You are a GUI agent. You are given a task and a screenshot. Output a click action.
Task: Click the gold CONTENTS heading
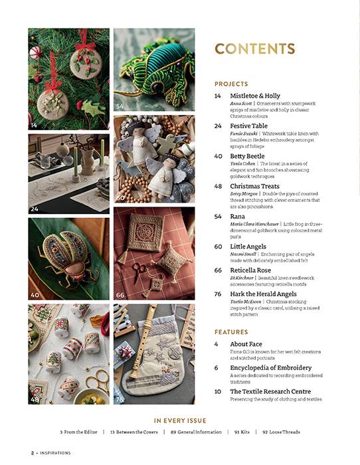pos(255,48)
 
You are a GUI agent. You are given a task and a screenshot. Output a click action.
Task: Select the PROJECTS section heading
pos(231,84)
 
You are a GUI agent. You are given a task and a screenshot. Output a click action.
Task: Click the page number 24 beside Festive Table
pos(218,126)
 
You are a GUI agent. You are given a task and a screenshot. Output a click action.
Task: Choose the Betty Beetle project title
pos(247,156)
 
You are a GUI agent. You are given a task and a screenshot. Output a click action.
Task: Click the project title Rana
pos(237,216)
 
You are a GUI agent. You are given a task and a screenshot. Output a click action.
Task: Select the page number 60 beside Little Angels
pos(218,246)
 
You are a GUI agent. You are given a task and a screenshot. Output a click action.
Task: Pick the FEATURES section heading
pos(231,331)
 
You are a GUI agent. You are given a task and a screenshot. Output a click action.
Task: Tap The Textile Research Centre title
pos(270,391)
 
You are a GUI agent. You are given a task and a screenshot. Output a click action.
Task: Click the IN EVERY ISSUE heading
pos(180,420)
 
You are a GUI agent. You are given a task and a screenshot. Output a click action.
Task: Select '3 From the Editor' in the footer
pos(78,432)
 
